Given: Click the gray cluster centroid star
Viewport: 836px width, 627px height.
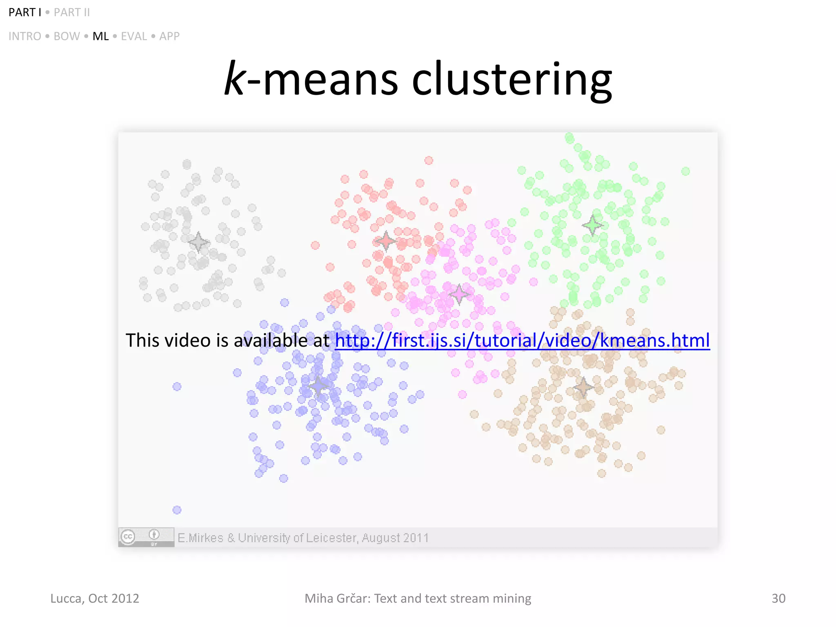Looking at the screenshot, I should [x=198, y=242].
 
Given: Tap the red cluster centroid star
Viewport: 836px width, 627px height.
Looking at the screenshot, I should [x=385, y=241].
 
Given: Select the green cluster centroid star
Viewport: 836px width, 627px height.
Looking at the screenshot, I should [x=592, y=225].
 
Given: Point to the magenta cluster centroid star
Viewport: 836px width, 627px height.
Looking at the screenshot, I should [x=459, y=294].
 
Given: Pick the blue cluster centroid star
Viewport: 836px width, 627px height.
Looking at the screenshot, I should [x=318, y=386].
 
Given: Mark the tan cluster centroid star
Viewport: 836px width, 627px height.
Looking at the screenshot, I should [x=583, y=387].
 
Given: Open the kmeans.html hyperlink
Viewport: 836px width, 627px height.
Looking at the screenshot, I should [x=522, y=340].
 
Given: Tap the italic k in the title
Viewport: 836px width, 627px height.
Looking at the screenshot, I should [x=234, y=78].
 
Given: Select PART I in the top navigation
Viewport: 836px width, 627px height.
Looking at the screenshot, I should [x=24, y=13].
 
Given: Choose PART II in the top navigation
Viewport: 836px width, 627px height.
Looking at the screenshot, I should [x=72, y=13].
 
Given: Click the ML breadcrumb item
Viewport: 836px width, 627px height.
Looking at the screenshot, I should [x=100, y=36].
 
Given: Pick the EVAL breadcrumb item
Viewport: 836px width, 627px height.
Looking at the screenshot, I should [x=134, y=36].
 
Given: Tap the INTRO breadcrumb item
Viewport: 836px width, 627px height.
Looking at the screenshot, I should [x=25, y=36].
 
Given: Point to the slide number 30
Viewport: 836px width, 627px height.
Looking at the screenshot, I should [x=778, y=598].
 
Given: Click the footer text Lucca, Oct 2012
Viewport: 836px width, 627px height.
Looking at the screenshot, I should [x=95, y=598].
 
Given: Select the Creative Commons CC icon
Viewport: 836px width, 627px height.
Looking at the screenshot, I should [x=128, y=536].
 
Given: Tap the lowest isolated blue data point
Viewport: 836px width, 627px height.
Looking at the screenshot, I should [x=177, y=510].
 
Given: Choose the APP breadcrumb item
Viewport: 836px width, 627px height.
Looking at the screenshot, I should [x=169, y=36].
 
